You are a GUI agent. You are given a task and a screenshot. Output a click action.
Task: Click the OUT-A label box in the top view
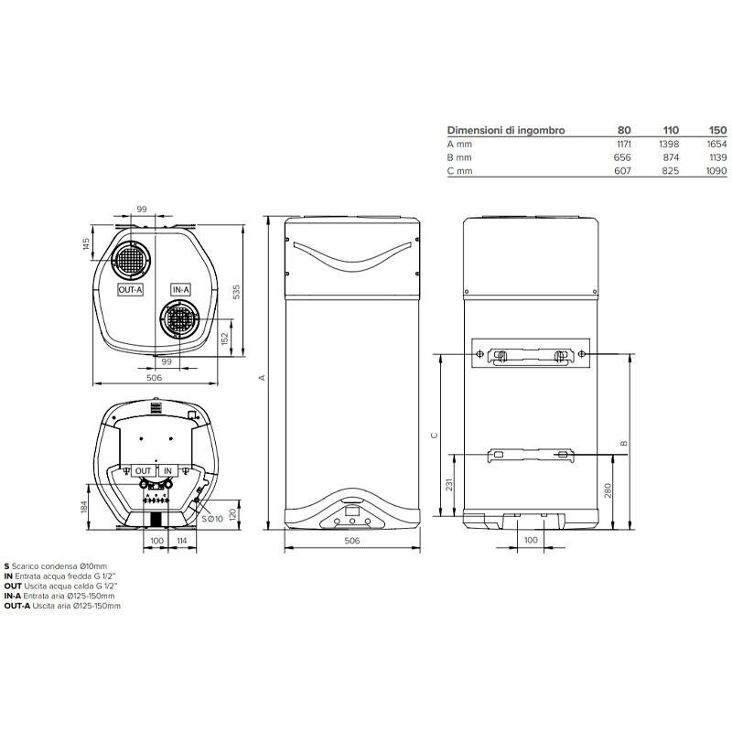pyautogui.click(x=130, y=290)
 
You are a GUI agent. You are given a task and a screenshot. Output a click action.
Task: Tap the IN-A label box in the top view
pyautogui.click(x=180, y=290)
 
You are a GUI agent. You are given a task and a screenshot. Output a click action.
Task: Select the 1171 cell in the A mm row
pyautogui.click(x=624, y=145)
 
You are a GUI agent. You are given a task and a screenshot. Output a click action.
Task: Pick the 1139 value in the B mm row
pyautogui.click(x=717, y=157)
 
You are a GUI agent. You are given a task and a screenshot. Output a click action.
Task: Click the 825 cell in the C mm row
pyautogui.click(x=671, y=171)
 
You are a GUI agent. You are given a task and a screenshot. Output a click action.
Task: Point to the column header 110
pyautogui.click(x=671, y=130)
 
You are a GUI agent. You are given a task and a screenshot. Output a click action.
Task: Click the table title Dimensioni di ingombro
pyautogui.click(x=506, y=130)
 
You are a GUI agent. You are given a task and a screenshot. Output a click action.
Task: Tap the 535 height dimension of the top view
pyautogui.click(x=237, y=292)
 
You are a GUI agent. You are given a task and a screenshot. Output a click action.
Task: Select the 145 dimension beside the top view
pyautogui.click(x=86, y=243)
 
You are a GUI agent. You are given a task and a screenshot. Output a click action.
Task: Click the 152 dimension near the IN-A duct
pyautogui.click(x=224, y=339)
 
